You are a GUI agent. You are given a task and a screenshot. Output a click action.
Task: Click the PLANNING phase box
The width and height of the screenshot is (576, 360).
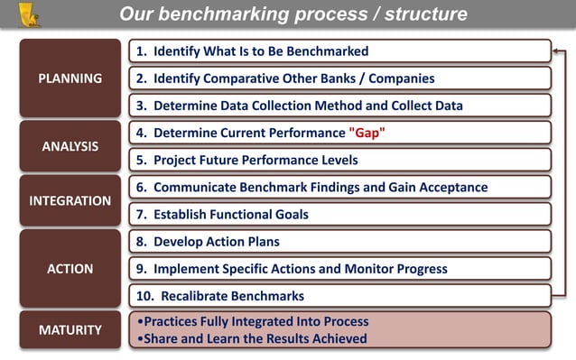click(x=70, y=78)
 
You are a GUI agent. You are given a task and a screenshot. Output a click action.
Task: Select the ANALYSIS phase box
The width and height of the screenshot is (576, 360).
click(x=70, y=146)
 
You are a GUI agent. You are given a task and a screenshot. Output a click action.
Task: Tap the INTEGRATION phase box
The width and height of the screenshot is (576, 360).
click(x=70, y=200)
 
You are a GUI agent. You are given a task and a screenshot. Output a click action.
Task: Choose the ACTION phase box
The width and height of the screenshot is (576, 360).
click(x=70, y=268)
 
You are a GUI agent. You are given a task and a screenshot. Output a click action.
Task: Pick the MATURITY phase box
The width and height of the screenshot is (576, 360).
click(x=70, y=330)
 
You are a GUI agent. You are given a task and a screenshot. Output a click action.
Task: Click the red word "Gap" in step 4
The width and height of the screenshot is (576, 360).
click(x=367, y=134)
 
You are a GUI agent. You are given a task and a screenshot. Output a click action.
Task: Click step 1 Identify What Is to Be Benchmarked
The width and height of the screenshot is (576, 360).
click(x=252, y=51)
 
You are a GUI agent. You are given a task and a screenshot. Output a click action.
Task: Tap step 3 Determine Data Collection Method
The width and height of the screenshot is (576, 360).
click(x=299, y=106)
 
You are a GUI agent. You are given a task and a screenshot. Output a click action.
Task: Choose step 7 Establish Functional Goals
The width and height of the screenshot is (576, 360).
click(x=222, y=215)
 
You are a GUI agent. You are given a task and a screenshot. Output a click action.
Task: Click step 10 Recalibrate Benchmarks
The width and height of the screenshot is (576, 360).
click(x=219, y=296)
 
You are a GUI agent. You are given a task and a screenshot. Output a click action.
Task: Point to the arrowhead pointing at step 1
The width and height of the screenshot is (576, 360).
click(x=557, y=51)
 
